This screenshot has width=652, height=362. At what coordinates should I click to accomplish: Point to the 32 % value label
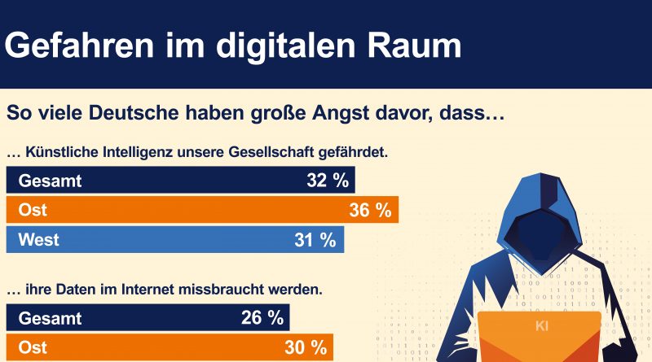pos(328,181)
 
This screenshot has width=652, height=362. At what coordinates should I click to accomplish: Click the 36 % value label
pos(370,210)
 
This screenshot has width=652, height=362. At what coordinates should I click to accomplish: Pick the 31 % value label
pos(315,239)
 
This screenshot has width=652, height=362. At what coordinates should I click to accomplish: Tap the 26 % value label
pos(262,317)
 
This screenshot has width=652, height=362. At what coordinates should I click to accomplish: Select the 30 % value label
pos(305,347)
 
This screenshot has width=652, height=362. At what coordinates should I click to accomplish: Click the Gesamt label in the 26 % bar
pos(51,317)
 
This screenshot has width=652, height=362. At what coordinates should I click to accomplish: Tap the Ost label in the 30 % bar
pos(33,347)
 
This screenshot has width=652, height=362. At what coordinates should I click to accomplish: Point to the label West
pos(38,239)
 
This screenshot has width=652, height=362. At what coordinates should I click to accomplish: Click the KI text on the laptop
pos(542,327)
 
